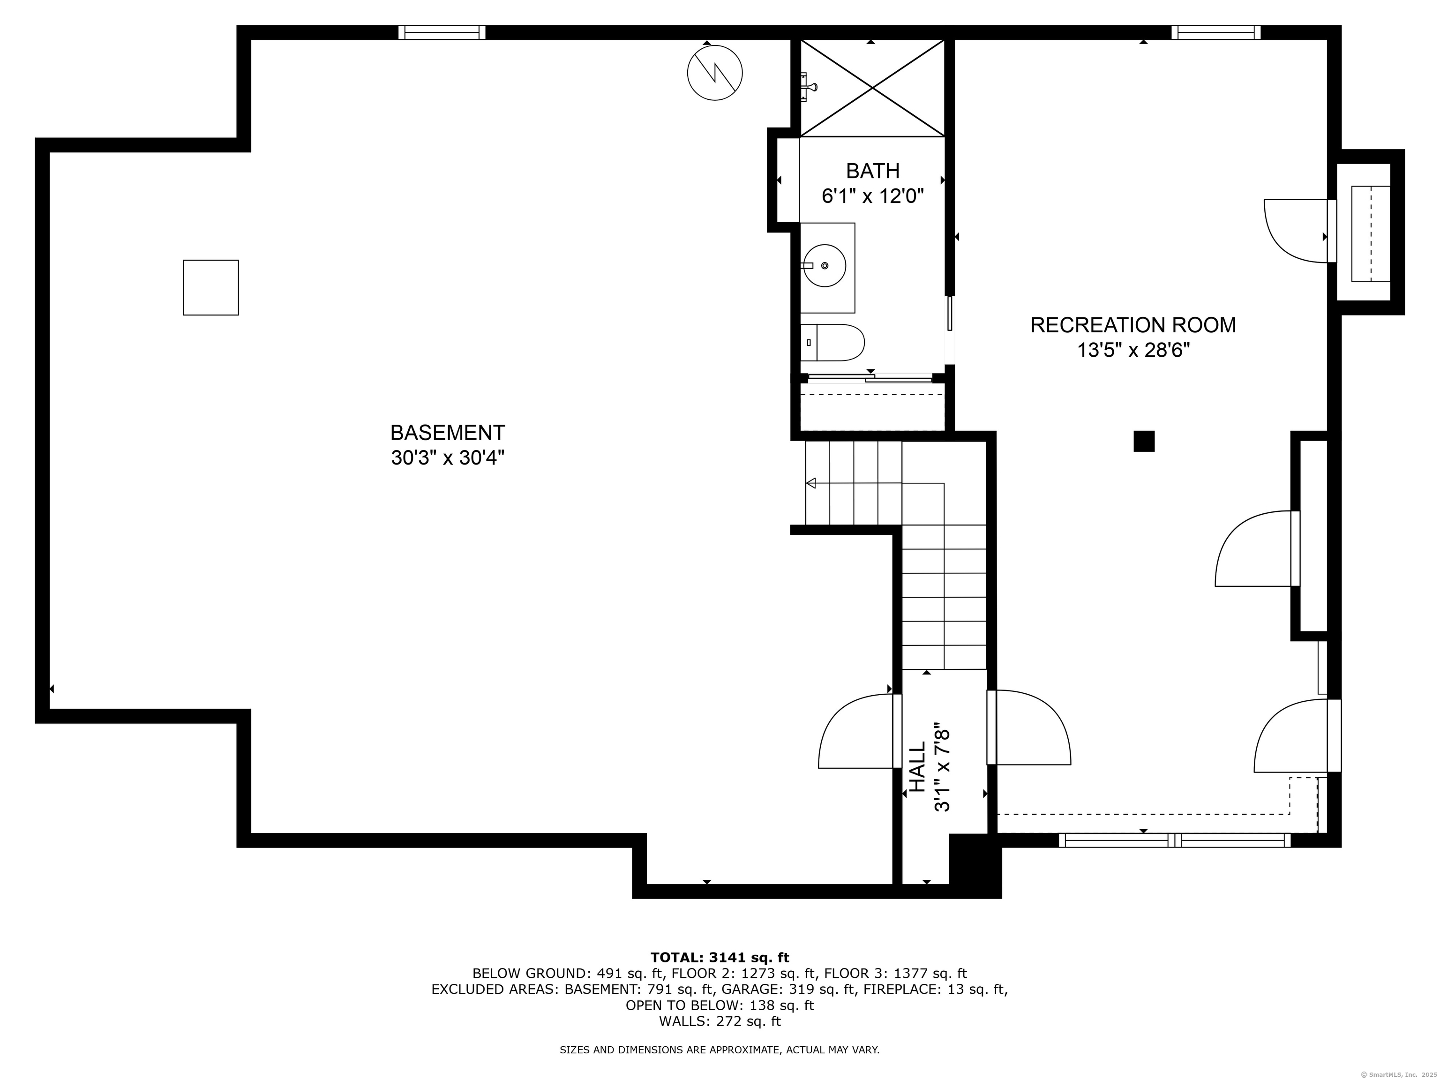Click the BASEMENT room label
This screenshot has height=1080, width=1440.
point(447,433)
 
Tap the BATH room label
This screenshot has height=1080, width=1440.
point(872,171)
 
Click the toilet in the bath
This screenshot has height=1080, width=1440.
point(832,343)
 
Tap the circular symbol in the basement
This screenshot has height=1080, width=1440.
point(715,72)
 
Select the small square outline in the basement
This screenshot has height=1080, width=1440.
point(211,288)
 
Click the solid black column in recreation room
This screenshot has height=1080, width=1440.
point(1144,442)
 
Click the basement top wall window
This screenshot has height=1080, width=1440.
point(442,32)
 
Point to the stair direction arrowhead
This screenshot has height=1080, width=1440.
point(811,483)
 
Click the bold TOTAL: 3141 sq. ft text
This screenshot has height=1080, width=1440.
point(720,958)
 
